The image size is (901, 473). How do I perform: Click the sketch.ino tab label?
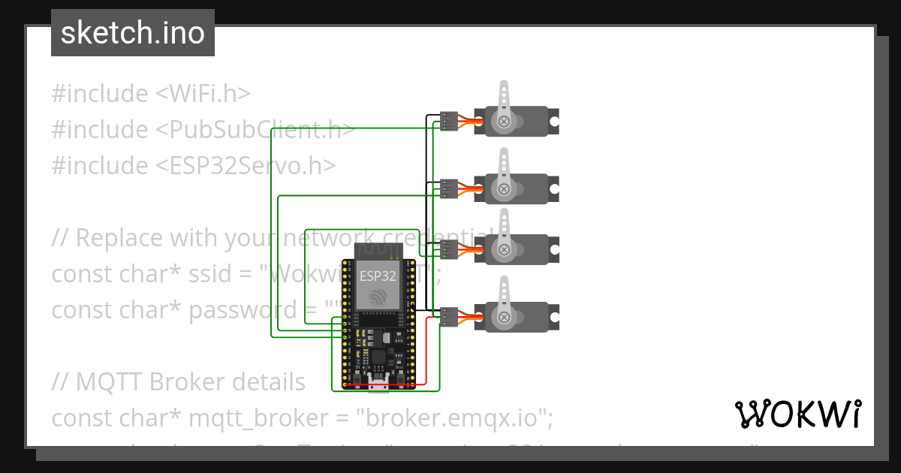(132, 33)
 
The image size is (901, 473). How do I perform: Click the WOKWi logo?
(797, 414)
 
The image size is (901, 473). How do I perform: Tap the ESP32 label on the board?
(377, 276)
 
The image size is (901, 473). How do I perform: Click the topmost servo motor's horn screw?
(504, 120)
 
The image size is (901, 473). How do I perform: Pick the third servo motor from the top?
(518, 249)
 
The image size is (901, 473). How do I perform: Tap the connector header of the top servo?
(449, 121)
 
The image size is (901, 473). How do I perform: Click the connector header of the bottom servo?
(449, 318)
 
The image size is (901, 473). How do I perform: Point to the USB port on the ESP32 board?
(378, 384)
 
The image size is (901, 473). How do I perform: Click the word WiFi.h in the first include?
(203, 94)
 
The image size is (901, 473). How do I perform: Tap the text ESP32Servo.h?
(246, 166)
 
